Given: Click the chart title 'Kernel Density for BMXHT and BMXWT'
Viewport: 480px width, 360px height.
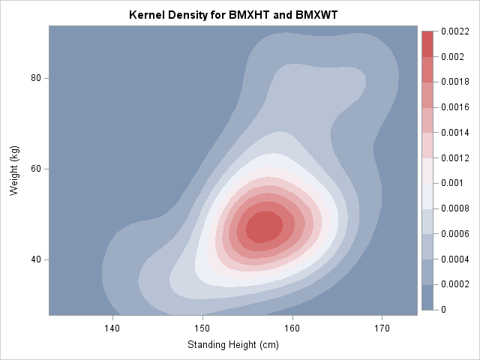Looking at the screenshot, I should [233, 15].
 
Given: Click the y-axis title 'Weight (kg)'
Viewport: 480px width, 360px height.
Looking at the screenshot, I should [14, 171].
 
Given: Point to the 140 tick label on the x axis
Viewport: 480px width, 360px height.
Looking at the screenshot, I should [112, 328].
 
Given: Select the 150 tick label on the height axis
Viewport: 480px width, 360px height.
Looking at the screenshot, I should [202, 328].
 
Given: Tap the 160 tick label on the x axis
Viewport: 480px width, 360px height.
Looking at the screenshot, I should [292, 328].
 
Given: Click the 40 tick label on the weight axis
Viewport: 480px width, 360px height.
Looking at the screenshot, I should [35, 259].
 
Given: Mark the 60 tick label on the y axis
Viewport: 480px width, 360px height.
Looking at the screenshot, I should [35, 169].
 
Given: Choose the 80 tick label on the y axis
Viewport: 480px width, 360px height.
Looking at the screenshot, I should [35, 78].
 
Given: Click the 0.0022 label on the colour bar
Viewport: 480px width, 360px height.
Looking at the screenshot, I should [454, 31].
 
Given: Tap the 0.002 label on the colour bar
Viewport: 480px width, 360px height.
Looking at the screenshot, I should [451, 57].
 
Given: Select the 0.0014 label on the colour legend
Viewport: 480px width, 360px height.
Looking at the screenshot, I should [454, 133].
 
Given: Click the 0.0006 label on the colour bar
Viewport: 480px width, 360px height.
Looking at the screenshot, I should [454, 234].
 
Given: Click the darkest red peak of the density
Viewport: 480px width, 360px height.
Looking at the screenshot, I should [259, 226].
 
